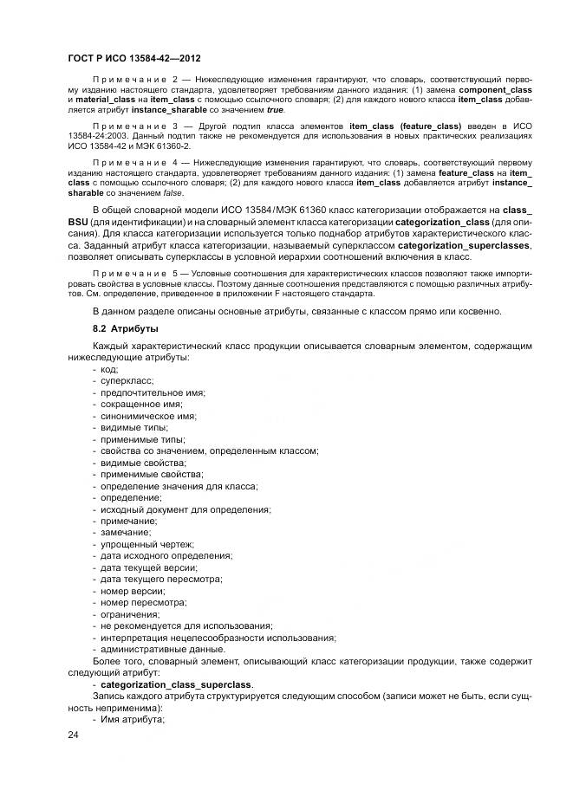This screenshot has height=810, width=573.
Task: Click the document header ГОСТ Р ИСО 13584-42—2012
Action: (x=133, y=59)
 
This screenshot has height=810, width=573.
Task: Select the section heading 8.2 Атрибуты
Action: (x=127, y=328)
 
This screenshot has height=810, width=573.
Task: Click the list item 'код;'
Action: (x=109, y=368)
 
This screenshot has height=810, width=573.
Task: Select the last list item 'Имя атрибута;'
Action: (x=133, y=719)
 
